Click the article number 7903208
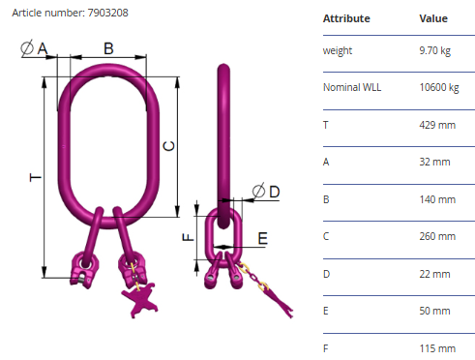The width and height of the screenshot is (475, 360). tap(107, 13)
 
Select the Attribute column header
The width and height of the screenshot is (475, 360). tap(346, 18)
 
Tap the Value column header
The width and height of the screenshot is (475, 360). tap(433, 18)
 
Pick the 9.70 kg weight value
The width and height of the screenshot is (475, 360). tap(434, 50)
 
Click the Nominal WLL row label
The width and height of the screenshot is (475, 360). tap(352, 87)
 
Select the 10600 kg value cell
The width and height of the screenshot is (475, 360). tap(439, 87)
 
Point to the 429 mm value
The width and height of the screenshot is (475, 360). tap(437, 125)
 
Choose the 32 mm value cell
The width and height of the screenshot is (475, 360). tap(434, 162)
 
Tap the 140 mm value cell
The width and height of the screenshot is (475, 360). tap(437, 199)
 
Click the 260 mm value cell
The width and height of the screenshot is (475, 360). tap(437, 236)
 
